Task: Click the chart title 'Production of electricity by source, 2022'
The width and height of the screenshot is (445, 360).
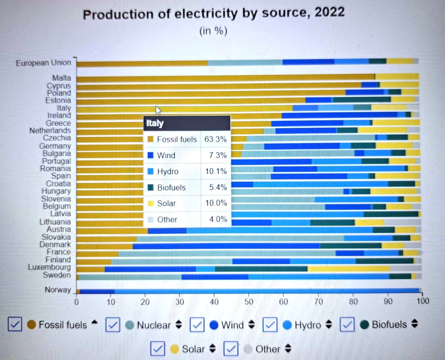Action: coord(213,14)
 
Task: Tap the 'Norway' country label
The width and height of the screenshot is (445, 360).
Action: coord(57,290)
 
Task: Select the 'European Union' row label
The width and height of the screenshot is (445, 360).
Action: coord(43,63)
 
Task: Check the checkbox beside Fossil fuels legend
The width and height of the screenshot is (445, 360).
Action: coord(15,324)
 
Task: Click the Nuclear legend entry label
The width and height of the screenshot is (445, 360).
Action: coord(154,325)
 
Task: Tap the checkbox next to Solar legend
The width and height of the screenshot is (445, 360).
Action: coord(158,348)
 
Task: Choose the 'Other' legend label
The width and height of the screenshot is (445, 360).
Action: coord(268,349)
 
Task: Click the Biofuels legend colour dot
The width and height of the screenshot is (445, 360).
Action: coord(364,324)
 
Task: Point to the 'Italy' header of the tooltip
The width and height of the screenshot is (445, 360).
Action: coord(155,123)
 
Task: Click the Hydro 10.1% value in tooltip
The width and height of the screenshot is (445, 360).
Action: coord(216,171)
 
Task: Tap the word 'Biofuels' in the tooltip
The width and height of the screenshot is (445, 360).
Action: coord(171,187)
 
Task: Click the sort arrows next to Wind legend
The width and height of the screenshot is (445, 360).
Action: coord(251,325)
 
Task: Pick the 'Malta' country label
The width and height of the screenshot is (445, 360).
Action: coord(61,78)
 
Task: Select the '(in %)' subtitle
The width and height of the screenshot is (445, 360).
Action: coord(213,31)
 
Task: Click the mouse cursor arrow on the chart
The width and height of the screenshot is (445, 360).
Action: coord(158,110)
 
